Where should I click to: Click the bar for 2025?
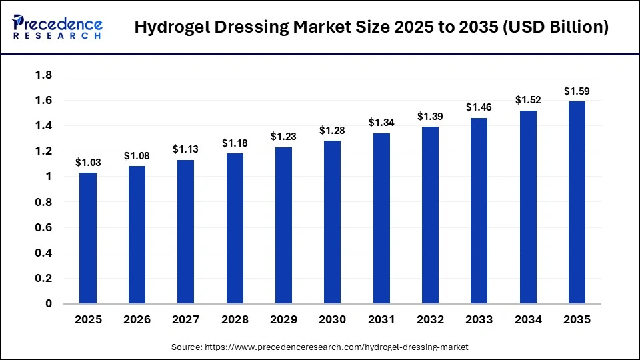tap(88, 238)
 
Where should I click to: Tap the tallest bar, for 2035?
tap(577, 203)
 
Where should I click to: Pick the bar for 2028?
tap(235, 229)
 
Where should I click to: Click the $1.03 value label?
tap(88, 162)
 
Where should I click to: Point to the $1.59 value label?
tap(577, 91)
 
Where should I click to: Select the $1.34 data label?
tap(381, 123)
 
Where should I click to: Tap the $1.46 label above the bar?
tap(479, 107)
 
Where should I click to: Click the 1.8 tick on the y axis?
tap(43, 75)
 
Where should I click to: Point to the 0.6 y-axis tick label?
tap(43, 227)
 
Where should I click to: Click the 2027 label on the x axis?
tap(185, 320)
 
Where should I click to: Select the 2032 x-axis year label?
tap(430, 320)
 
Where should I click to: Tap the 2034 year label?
tap(528, 320)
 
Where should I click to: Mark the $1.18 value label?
tap(235, 143)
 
